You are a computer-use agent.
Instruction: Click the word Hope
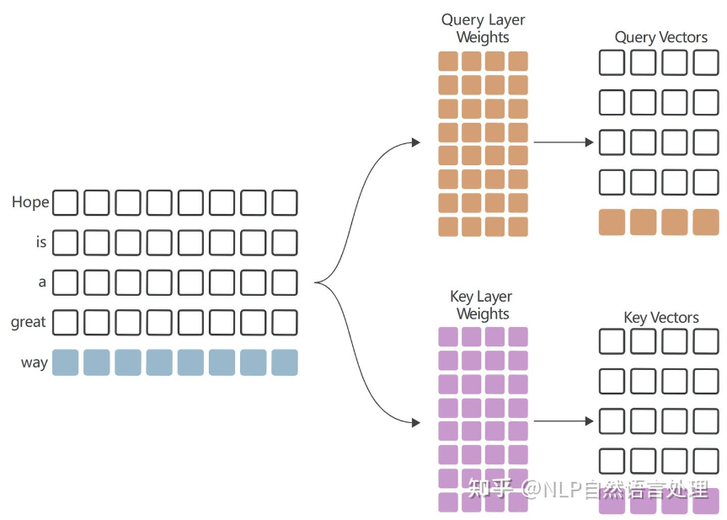30,202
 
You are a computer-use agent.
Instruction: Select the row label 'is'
40,243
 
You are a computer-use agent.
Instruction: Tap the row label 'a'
42,282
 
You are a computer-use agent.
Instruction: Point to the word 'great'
29,322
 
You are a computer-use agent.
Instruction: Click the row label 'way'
35,362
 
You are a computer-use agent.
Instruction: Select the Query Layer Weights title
483,28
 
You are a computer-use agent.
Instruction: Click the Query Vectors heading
661,37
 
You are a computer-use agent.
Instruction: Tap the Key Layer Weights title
482,305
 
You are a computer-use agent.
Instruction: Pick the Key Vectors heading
661,318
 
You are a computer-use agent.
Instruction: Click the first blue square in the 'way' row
65,362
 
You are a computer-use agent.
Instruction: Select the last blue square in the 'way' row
285,362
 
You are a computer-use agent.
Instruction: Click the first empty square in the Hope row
65,203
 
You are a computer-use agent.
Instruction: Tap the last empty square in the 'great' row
285,322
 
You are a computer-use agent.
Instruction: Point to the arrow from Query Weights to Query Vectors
564,142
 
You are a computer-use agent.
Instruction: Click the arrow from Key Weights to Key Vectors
564,421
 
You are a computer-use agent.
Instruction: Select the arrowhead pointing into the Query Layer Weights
415,143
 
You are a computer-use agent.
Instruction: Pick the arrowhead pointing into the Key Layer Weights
415,421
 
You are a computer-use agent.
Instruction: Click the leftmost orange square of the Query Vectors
612,222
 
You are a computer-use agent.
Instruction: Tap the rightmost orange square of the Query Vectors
706,222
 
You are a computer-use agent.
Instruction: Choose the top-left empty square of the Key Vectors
612,340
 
